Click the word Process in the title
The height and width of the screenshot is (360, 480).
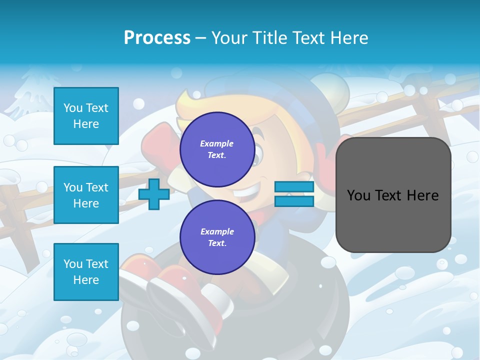point(157,38)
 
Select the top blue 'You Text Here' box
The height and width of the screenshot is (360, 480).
point(86,116)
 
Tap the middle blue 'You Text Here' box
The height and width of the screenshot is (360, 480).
point(86,195)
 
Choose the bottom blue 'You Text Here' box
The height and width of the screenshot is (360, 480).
point(86,271)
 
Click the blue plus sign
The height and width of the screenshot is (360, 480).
point(154,194)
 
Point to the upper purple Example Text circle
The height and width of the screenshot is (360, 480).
point(217,149)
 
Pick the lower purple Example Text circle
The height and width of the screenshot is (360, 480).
point(217,237)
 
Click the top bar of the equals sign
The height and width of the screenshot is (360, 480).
point(294,187)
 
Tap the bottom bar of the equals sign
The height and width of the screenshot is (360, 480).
point(294,201)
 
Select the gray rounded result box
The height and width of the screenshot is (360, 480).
point(393,195)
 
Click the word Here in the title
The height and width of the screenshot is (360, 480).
point(347,38)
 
